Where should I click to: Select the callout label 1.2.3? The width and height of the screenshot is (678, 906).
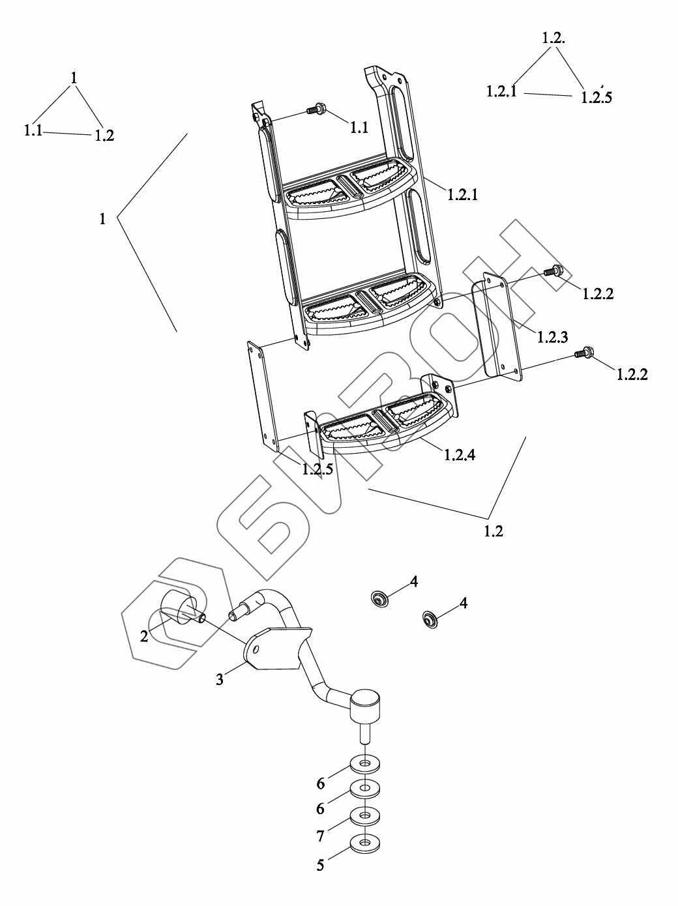(x=552, y=337)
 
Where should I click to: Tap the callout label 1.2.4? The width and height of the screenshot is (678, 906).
(x=460, y=454)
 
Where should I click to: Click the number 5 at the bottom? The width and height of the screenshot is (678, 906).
(x=320, y=866)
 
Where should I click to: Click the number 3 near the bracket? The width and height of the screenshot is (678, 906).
(x=220, y=679)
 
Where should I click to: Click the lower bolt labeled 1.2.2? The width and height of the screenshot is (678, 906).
(x=582, y=353)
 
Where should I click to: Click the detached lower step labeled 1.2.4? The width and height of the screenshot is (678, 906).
(x=385, y=424)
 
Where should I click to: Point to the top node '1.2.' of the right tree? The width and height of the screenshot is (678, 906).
(x=553, y=38)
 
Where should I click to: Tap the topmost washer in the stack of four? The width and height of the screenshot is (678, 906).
(x=365, y=762)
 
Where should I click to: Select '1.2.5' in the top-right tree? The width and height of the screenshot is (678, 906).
(x=597, y=97)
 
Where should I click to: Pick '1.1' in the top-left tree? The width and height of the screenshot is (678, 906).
(x=33, y=130)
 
